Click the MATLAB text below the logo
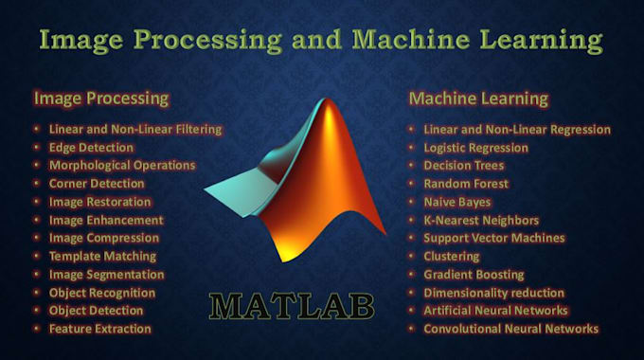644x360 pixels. (x=293, y=307)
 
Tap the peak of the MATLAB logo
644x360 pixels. (x=327, y=104)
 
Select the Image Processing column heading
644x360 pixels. (x=101, y=98)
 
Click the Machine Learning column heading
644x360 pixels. (x=478, y=98)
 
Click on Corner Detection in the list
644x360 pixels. (x=97, y=184)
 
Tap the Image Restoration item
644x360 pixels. (x=99, y=202)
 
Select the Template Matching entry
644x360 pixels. (x=102, y=256)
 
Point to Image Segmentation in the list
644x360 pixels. (x=106, y=274)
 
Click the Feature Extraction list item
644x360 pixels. (x=99, y=329)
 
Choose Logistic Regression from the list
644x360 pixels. (x=475, y=148)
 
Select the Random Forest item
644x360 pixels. (x=466, y=184)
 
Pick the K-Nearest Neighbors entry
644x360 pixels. (x=480, y=220)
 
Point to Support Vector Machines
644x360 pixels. (x=493, y=238)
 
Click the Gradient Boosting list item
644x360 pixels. (x=474, y=275)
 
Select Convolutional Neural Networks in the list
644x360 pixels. (x=510, y=329)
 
